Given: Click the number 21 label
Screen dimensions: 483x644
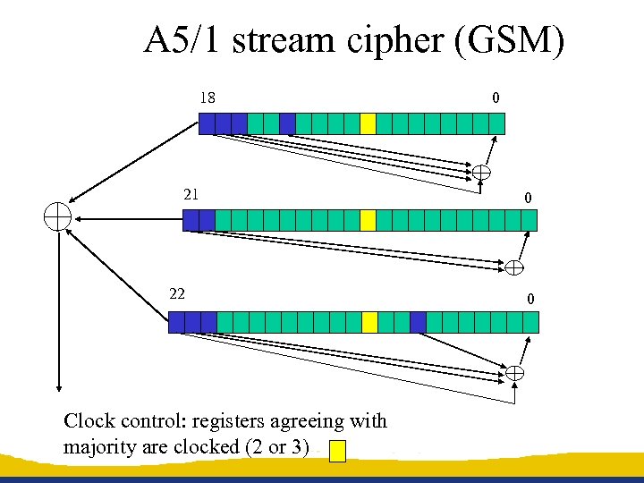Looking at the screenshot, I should pos(191,194).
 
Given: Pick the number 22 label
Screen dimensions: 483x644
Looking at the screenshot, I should pos(177,293).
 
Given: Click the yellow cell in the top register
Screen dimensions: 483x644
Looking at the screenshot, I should pos(368,123).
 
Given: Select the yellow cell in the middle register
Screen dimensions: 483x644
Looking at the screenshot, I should pos(368,220).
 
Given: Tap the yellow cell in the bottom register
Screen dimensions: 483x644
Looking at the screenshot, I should pos(369,322).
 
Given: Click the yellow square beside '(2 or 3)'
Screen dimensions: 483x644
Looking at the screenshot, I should pos(337,451).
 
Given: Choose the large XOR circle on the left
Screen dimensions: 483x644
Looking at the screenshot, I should pos(58,217).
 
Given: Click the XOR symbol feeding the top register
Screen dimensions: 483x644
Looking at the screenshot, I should pos(481,172).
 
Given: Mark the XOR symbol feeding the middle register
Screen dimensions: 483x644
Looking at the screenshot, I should pos(515,267).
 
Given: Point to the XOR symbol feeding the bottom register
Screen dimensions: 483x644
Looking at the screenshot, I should pos(516,372).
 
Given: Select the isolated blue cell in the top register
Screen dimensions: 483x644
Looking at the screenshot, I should pos(287,123).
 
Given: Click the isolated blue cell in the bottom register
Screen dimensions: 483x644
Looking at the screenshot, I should pos(418,322).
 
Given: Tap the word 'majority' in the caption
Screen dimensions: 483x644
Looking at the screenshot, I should pos(100,446).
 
